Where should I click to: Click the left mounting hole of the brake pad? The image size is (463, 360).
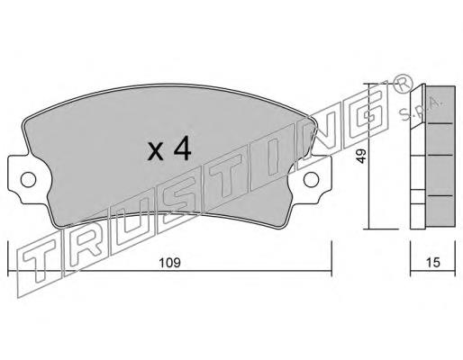(28, 180)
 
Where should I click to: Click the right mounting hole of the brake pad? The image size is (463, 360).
(311, 179)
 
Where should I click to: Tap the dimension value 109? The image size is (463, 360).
(169, 263)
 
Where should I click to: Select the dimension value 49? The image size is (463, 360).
(362, 156)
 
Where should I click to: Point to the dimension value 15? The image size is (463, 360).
(432, 263)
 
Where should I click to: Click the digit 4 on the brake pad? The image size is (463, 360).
(182, 148)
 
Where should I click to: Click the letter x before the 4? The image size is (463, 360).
(156, 151)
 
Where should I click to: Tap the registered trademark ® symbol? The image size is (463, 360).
(403, 85)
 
